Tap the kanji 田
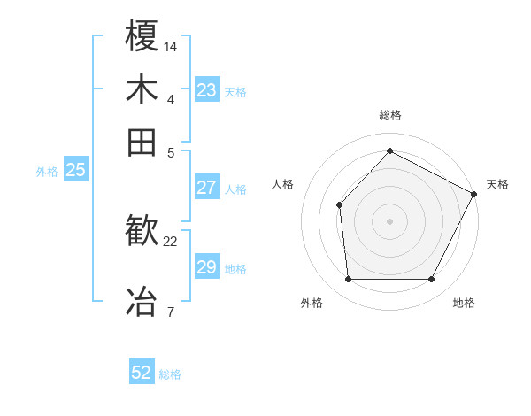[142, 143]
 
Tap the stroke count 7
[170, 312]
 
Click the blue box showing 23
[206, 90]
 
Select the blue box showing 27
[206, 188]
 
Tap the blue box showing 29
[206, 267]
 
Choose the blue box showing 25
[75, 171]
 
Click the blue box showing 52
[142, 374]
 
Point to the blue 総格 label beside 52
[170, 374]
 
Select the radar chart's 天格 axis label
[498, 184]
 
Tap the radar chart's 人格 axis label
[283, 184]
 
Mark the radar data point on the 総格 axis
[389, 150]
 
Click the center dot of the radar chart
[389, 220]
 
